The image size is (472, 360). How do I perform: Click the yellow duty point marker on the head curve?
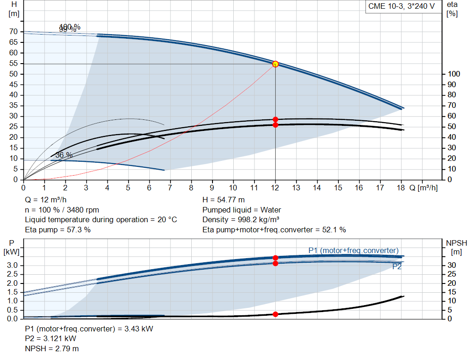[275, 64]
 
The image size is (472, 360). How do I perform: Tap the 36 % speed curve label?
[64, 155]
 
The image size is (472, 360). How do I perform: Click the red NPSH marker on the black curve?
[275, 314]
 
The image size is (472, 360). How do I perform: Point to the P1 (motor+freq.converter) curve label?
[353, 250]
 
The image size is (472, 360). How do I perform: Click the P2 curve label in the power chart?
[396, 266]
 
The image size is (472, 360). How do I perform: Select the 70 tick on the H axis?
[14, 31]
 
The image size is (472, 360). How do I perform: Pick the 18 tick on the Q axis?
[401, 188]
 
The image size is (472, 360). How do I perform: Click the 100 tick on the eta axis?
[454, 74]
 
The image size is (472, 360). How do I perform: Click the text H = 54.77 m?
[223, 200]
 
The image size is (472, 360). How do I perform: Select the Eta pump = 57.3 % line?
[58, 230]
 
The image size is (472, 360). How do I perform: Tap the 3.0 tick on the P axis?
[12, 265]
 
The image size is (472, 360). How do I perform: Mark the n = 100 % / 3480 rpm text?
[62, 210]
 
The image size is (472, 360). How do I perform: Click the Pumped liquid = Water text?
[242, 210]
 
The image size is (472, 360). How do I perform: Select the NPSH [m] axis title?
[456, 247]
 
